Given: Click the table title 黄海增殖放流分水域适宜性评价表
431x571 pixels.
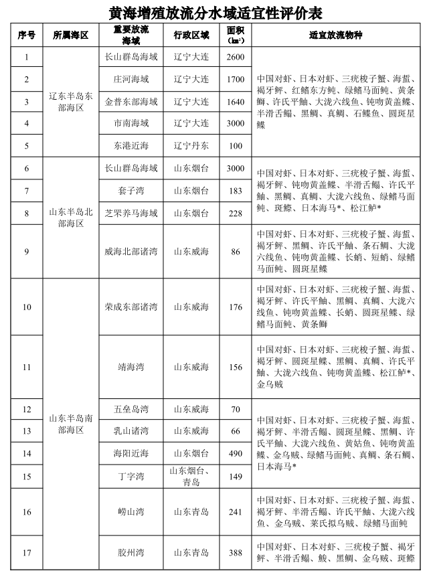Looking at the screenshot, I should [x=215, y=11].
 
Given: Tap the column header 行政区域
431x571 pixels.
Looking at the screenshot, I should [x=191, y=35].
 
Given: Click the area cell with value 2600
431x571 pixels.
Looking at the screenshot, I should [x=236, y=57].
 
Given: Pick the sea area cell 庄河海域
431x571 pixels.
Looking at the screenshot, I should [x=131, y=79].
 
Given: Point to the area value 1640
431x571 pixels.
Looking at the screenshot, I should [x=236, y=101].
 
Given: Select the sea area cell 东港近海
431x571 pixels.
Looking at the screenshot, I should [x=131, y=145].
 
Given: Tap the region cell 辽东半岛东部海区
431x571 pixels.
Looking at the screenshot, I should [x=71, y=101].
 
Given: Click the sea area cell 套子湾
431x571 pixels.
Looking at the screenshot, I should [x=131, y=191].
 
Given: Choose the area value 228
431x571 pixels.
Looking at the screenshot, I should [x=236, y=213].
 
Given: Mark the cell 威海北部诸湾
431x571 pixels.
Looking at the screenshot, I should [x=131, y=252].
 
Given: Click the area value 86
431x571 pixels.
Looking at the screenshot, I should [x=236, y=252].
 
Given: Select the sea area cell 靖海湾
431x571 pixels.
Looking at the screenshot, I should [x=131, y=367].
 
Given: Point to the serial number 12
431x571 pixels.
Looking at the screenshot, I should [x=27, y=409].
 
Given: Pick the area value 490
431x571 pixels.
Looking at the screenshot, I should [x=236, y=453].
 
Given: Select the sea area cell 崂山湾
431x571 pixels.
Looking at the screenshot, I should [x=131, y=512].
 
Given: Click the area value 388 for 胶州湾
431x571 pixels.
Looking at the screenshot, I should [x=236, y=553].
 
